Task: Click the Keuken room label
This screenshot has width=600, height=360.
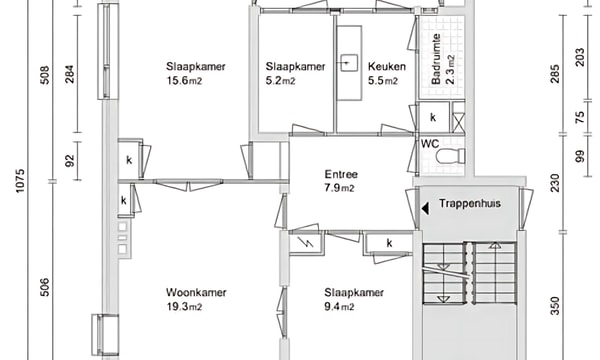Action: [x=386, y=67]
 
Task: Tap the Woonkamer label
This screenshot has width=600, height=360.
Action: [x=196, y=293]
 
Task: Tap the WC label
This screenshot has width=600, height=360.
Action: [x=429, y=143]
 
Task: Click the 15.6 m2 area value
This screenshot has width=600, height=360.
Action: [x=195, y=81]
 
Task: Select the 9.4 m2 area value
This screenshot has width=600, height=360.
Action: [x=339, y=307]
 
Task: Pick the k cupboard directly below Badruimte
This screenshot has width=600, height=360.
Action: [x=433, y=118]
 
